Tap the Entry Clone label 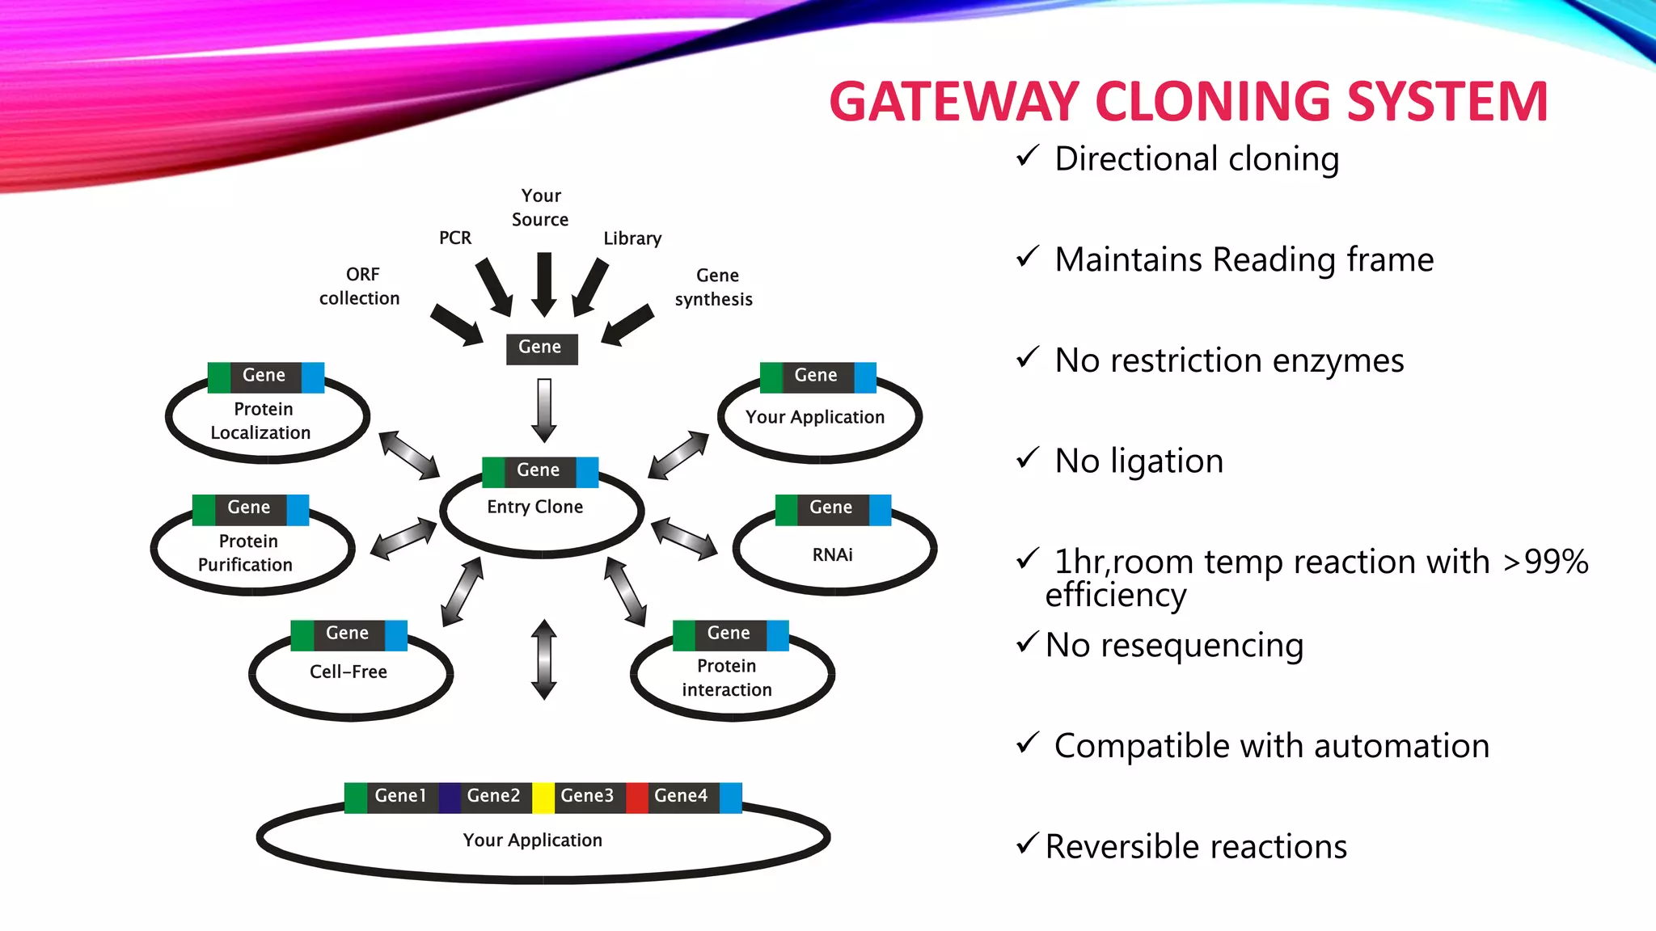point(534,507)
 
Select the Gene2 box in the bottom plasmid point(493,796)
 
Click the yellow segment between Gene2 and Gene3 point(543,798)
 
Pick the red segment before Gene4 point(637,798)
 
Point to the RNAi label point(832,555)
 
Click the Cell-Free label point(348,672)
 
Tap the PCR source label point(454,238)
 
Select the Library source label point(632,238)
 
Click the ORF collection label point(360,286)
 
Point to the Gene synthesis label point(714,287)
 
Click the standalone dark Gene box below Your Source point(541,348)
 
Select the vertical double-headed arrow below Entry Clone point(544,659)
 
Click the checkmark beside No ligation point(1027,458)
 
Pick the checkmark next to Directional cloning point(1027,155)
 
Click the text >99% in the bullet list point(1545,562)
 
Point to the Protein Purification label point(247,553)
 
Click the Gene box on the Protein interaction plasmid point(729,634)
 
